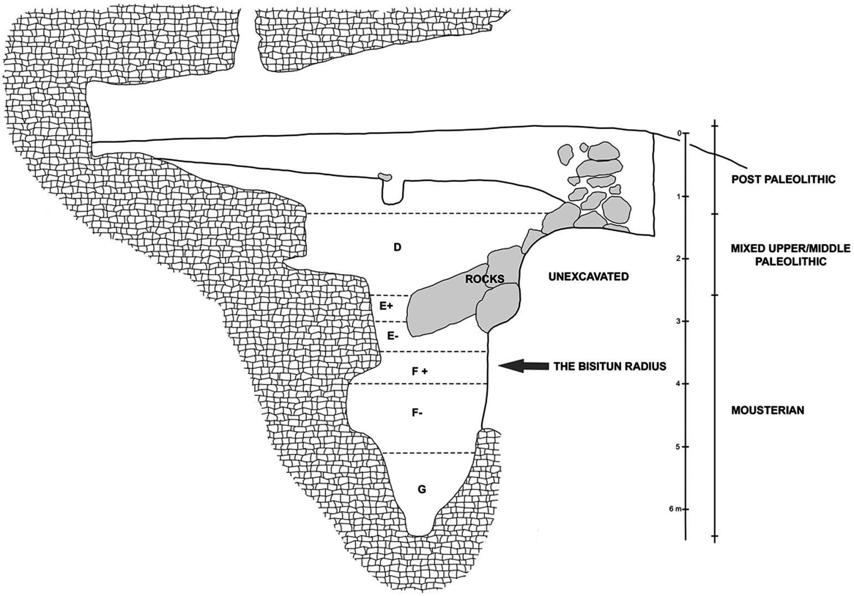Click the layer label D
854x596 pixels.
coord(397,247)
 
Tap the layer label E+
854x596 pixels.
coord(386,305)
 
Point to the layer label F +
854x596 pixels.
coord(420,372)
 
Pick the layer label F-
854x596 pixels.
coord(418,413)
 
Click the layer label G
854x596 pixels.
coord(422,489)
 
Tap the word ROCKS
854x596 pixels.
coord(484,279)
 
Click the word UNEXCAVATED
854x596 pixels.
coord(588,276)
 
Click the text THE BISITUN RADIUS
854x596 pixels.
coord(609,366)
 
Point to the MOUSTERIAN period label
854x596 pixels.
coord(767,410)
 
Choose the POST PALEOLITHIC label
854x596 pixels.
coord(783,179)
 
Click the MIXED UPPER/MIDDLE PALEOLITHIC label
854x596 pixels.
coord(782,254)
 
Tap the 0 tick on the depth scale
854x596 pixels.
coord(679,133)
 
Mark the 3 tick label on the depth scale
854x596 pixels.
coord(679,321)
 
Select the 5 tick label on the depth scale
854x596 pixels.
coord(679,446)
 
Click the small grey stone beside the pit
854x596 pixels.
coord(385,177)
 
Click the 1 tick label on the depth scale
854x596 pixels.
coord(679,197)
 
